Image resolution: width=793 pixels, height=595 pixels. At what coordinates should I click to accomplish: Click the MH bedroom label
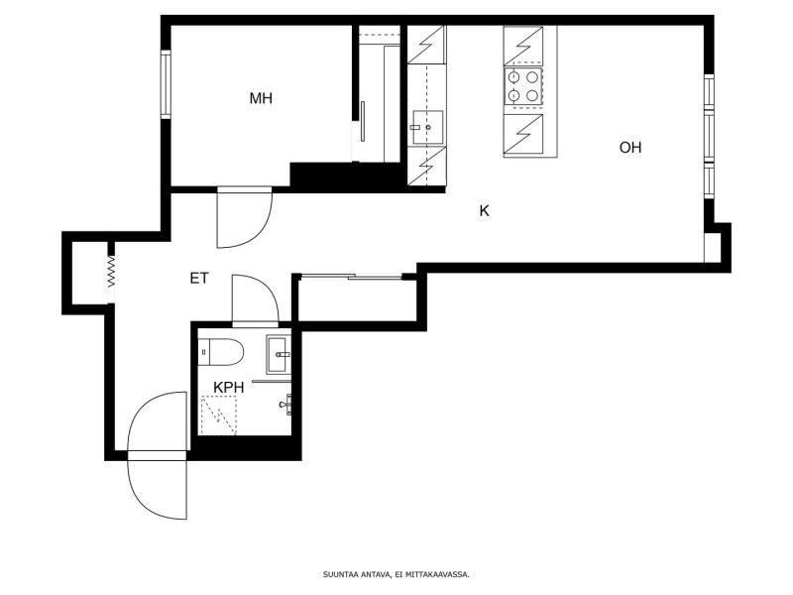(x=261, y=97)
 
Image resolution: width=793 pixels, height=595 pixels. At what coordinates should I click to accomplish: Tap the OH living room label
(x=630, y=147)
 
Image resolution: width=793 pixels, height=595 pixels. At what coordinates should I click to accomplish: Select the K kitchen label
(x=485, y=211)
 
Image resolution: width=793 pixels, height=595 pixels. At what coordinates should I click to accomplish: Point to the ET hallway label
(x=199, y=279)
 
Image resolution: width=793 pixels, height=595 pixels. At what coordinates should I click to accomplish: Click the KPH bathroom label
(x=229, y=388)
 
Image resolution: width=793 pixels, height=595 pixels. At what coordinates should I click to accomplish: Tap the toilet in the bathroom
(x=221, y=352)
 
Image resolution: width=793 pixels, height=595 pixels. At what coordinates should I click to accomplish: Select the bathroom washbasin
(x=279, y=354)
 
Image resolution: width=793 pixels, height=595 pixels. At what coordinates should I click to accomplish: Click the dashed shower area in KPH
(x=219, y=416)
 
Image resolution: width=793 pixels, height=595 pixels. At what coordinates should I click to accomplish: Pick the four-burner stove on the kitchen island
(x=523, y=87)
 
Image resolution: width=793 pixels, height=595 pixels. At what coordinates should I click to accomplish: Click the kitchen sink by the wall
(x=426, y=128)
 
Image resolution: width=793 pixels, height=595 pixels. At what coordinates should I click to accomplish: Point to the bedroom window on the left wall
(x=166, y=84)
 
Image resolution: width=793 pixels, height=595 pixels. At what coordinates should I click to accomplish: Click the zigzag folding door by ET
(x=111, y=272)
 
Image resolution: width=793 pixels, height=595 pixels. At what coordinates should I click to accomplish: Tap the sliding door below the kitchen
(x=352, y=277)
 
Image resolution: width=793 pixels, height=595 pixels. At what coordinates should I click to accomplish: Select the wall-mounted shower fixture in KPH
(x=286, y=405)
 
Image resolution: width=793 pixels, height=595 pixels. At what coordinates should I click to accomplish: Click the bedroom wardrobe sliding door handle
(x=362, y=121)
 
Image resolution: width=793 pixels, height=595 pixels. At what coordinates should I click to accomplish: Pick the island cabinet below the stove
(x=523, y=135)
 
